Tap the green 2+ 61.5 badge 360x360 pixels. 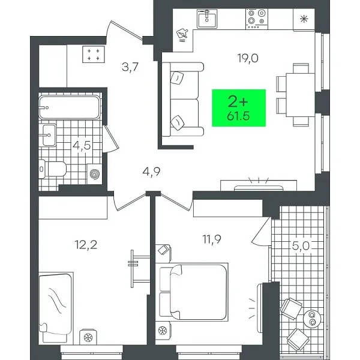tap(239, 107)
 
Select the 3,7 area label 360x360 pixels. tap(130, 68)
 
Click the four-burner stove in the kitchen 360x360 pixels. tap(256, 18)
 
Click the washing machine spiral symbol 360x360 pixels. tap(95, 175)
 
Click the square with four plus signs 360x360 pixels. tap(92, 55)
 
